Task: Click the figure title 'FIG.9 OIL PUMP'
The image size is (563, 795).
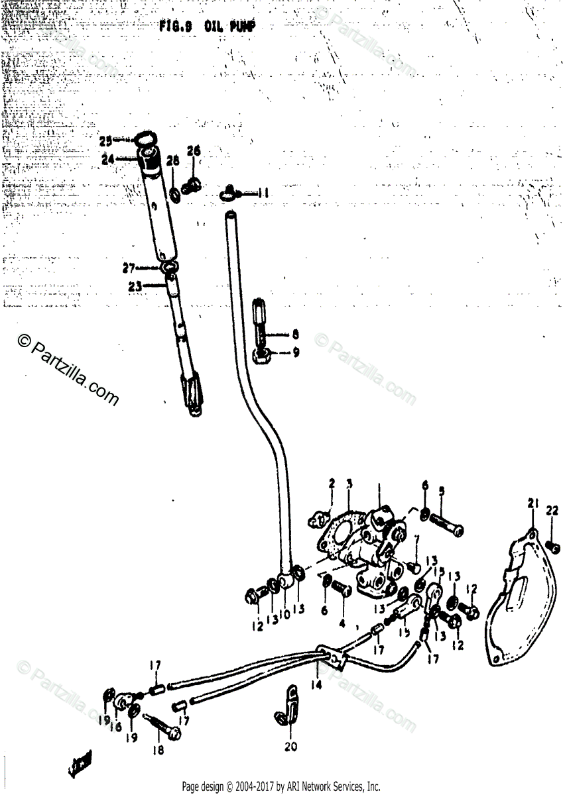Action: [207, 27]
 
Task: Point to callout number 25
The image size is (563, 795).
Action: [105, 141]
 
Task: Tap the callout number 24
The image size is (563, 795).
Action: [107, 159]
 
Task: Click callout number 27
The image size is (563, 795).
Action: [129, 268]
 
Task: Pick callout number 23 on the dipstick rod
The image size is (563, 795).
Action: [135, 287]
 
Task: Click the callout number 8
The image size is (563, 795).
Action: [296, 335]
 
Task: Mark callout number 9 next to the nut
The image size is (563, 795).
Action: [296, 352]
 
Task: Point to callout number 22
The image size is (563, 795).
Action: [552, 510]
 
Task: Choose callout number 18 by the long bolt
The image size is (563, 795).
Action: [158, 750]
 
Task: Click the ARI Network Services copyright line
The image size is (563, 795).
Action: [281, 787]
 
